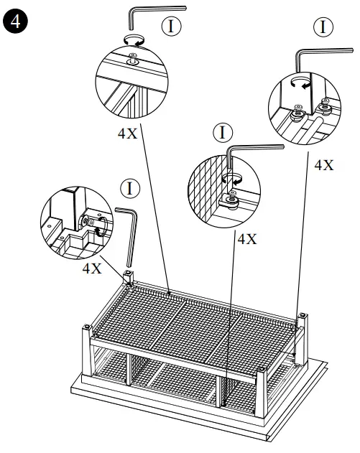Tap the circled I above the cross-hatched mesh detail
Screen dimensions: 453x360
pos(223,133)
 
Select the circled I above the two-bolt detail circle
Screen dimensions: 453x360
pos(325,27)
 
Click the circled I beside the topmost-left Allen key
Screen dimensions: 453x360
pos(171,27)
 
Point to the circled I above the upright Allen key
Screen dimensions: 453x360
pos(129,189)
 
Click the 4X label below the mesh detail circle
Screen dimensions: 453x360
pos(246,239)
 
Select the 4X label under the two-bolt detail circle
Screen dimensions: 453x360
pos(324,164)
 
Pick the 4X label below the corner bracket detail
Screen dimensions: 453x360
pos(92,268)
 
